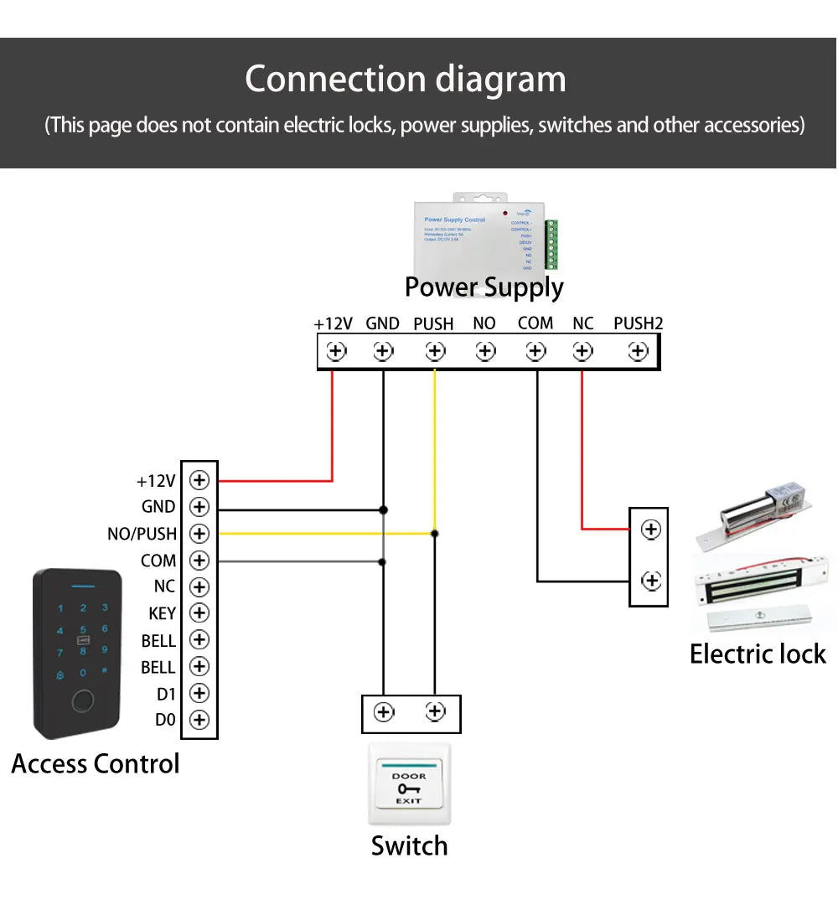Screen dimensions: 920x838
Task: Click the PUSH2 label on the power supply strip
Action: (638, 323)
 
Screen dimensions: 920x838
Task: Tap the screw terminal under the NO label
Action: (484, 351)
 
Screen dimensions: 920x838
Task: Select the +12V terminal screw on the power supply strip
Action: (336, 351)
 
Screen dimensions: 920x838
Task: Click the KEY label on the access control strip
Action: (162, 613)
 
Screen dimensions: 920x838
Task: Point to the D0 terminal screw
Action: (199, 720)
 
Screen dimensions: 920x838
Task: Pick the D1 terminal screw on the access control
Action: (199, 693)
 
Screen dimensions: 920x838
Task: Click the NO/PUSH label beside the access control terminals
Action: (142, 534)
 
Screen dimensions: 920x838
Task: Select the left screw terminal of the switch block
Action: (384, 712)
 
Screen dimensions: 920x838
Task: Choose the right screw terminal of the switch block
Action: (435, 712)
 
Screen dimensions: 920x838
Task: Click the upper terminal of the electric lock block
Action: (650, 530)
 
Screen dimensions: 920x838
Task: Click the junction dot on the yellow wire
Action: (434, 533)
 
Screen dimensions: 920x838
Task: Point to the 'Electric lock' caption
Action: (758, 654)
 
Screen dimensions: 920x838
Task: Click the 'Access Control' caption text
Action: (96, 764)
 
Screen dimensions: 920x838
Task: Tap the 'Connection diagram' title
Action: (406, 80)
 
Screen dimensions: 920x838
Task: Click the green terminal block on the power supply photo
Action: (551, 244)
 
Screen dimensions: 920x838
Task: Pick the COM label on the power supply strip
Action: (535, 323)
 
